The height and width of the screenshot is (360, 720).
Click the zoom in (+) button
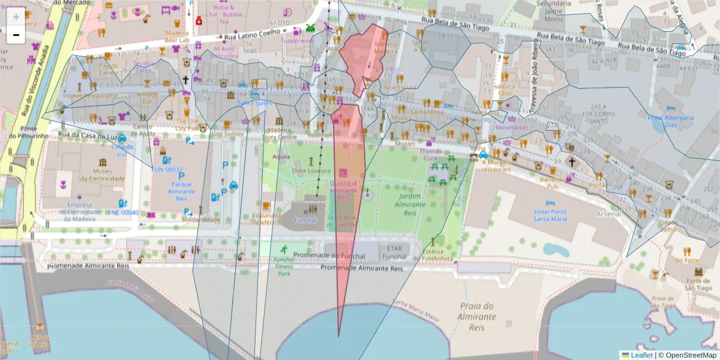pos(16,16)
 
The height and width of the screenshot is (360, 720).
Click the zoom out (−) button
pos(16,35)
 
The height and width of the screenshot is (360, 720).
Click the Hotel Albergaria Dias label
pos(670,121)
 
